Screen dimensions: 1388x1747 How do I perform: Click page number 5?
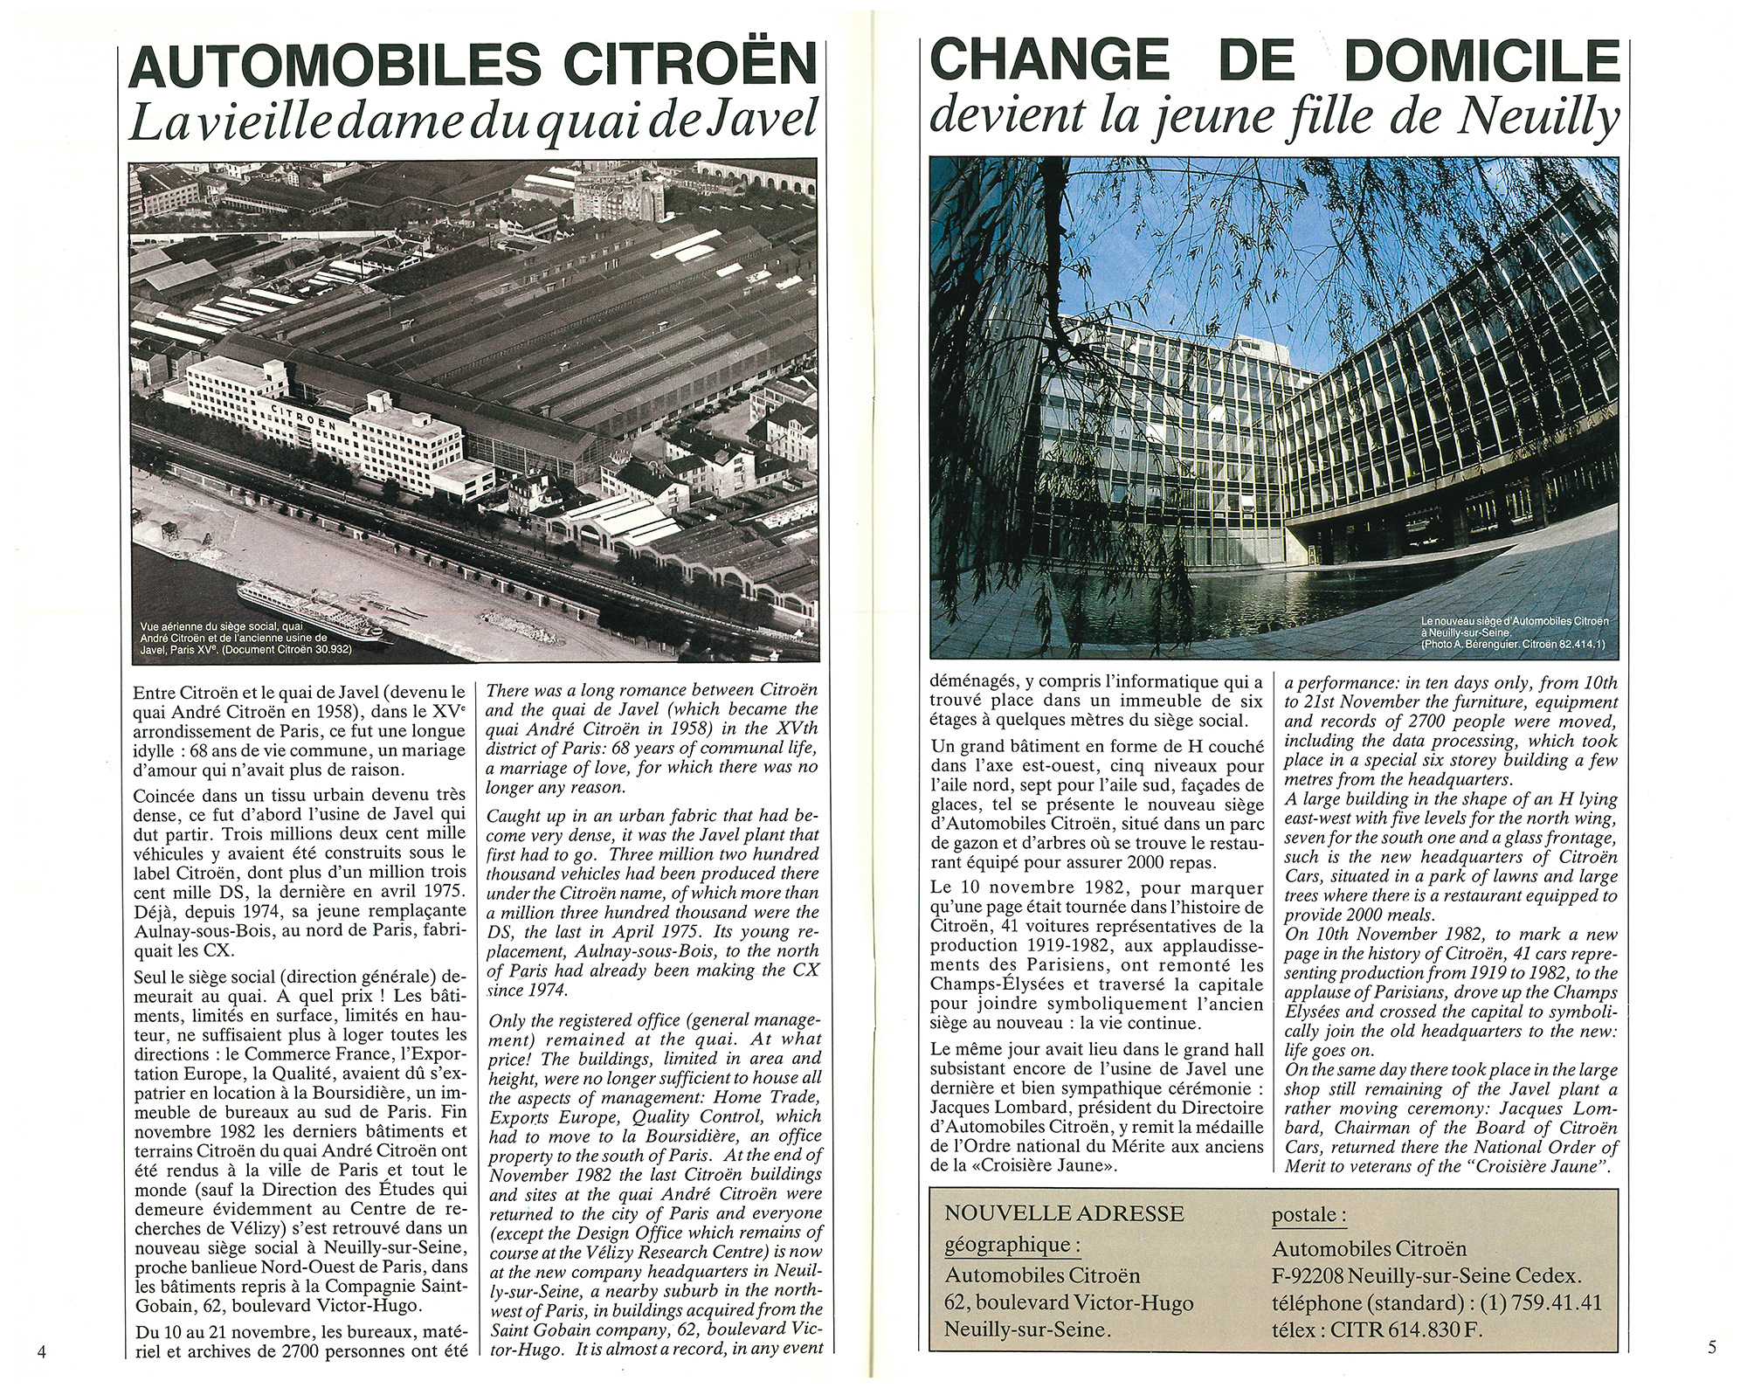click(1711, 1347)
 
